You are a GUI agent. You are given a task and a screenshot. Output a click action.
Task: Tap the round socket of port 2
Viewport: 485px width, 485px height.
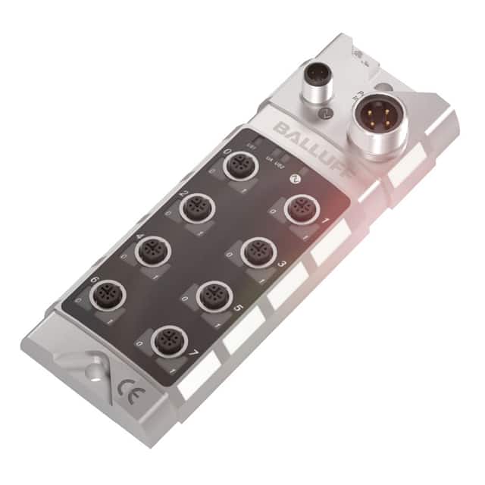pos(199,206)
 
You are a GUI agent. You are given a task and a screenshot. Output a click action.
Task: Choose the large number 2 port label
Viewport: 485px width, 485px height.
pos(184,194)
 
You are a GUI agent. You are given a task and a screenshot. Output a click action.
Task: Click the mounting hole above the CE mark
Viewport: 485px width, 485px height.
pos(93,371)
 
